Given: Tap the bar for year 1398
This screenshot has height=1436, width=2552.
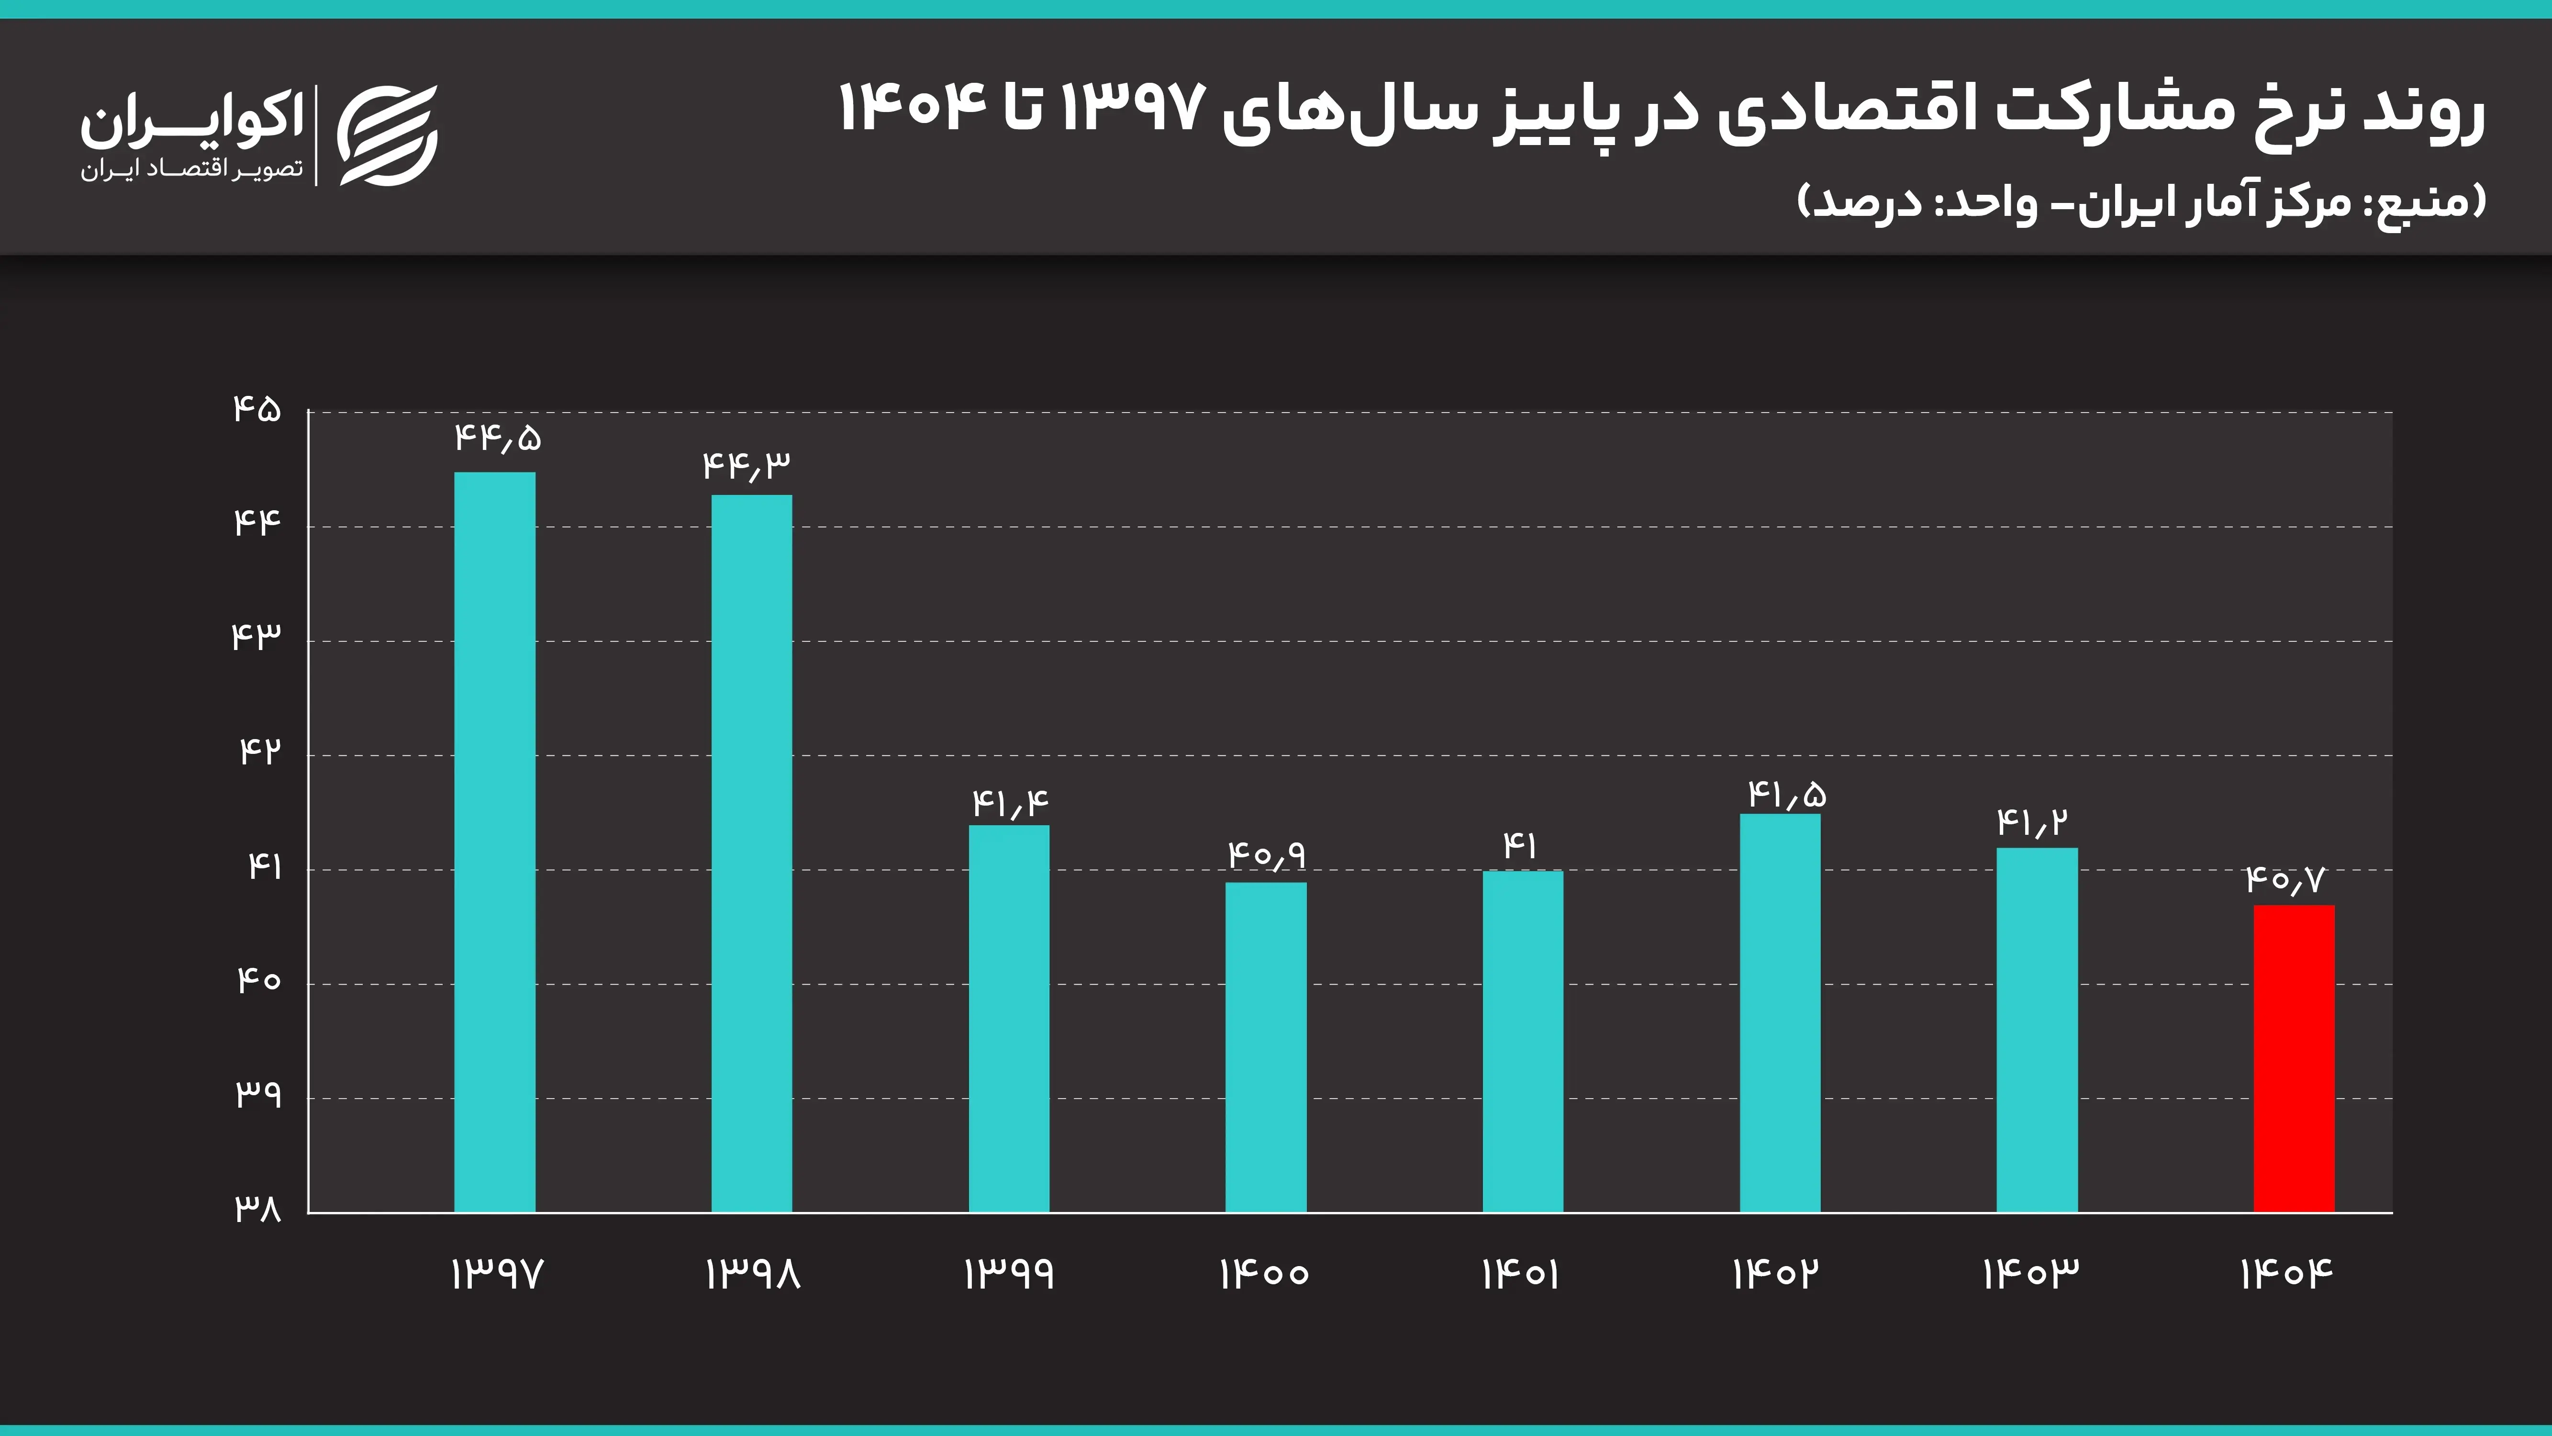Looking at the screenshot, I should point(751,853).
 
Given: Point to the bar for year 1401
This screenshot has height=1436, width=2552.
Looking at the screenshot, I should point(1523,1041).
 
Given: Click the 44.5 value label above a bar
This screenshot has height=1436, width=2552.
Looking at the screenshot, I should point(497,437).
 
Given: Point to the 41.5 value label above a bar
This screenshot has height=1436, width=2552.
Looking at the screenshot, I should point(1786,794).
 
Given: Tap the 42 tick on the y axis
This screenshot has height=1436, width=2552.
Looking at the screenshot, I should point(259,751).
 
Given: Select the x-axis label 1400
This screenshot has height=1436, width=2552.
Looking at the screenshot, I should point(1264,1273).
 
